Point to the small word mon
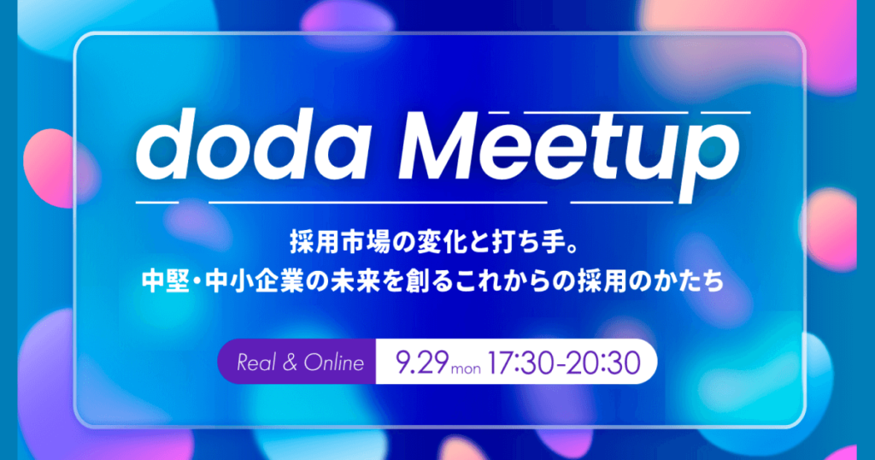(467, 369)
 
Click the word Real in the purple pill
(256, 363)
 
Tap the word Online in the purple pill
(333, 363)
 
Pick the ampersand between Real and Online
(289, 363)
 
